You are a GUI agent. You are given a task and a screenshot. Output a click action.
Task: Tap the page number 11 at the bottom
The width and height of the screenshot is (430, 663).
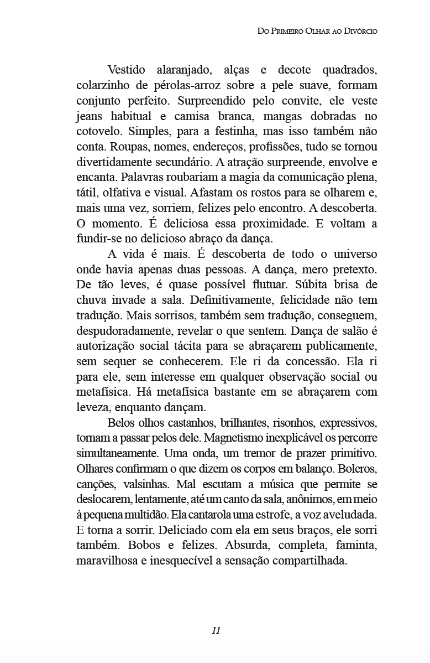216,630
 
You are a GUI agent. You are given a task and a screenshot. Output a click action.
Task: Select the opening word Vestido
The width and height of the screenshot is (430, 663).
127,70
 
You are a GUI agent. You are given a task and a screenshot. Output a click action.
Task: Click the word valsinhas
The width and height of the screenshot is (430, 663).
144,484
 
